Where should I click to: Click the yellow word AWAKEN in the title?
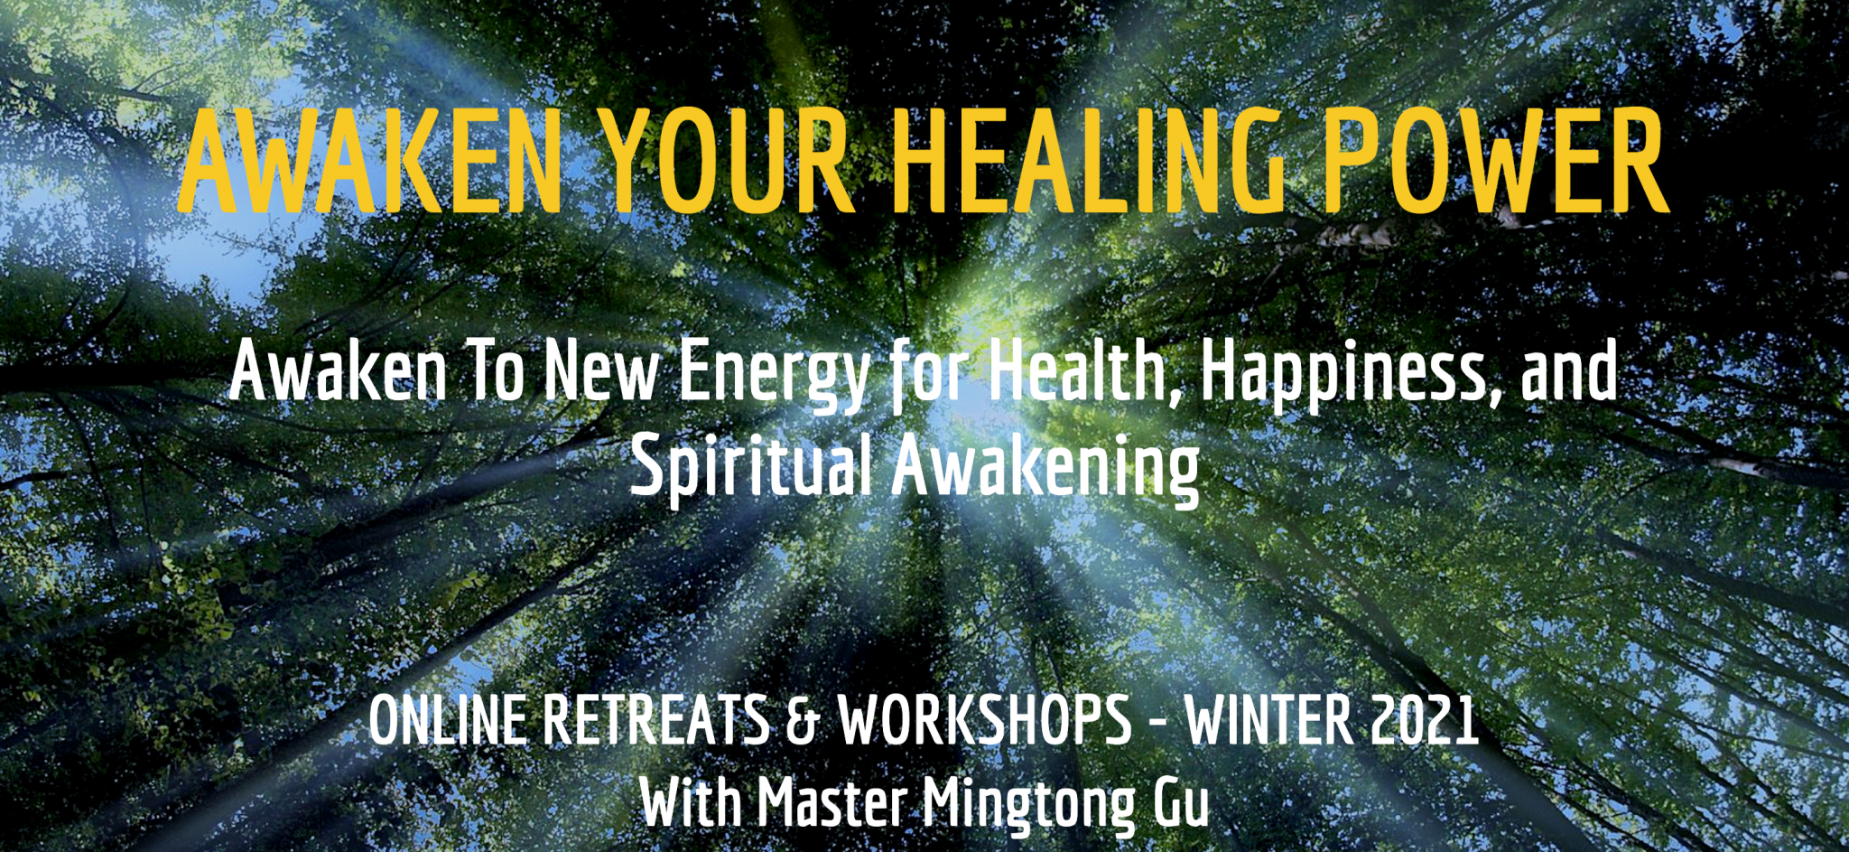coord(370,162)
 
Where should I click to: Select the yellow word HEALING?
coord(1089,162)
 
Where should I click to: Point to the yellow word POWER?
coord(1496,162)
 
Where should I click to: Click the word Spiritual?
coord(752,469)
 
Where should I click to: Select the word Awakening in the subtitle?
coord(1045,469)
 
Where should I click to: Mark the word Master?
coord(832,802)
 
